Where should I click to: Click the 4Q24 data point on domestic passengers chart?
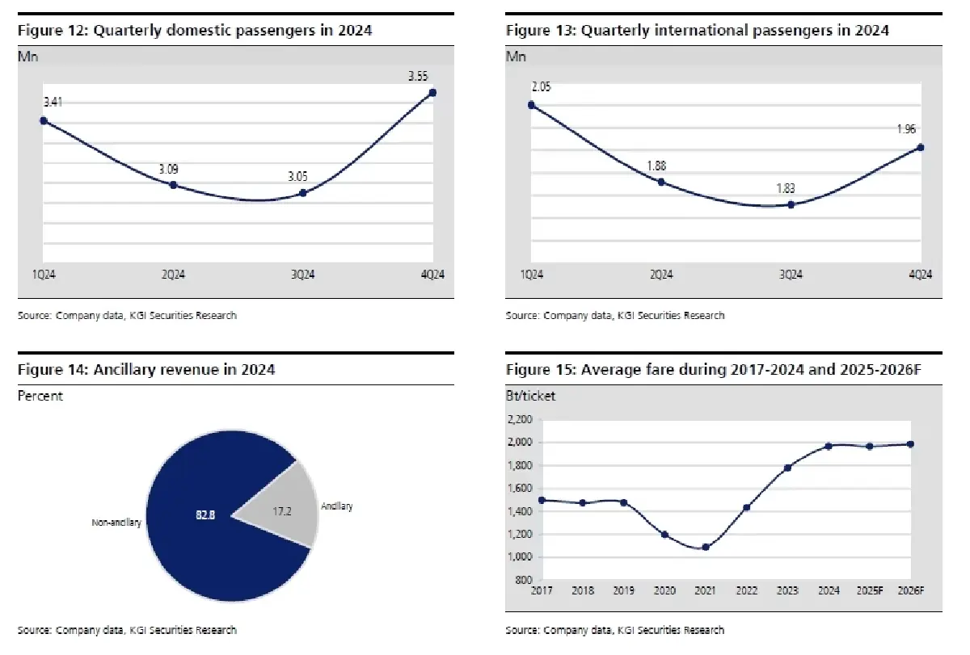click(x=433, y=92)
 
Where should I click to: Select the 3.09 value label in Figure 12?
click(x=169, y=170)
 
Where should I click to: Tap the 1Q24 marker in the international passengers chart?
click(x=531, y=104)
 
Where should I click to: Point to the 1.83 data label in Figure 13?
click(x=785, y=189)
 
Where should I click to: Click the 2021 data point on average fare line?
click(x=706, y=547)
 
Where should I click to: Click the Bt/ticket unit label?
click(x=530, y=396)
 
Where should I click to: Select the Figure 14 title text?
click(x=146, y=370)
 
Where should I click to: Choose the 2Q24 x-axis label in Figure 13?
click(x=661, y=275)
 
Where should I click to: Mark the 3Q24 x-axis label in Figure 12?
click(x=302, y=275)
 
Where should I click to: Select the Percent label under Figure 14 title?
click(x=40, y=396)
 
